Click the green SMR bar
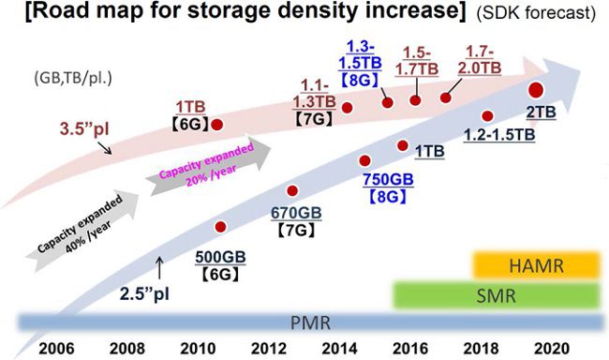(496, 295)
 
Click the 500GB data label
(222, 257)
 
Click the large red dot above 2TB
(537, 91)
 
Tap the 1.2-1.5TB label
(499, 135)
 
